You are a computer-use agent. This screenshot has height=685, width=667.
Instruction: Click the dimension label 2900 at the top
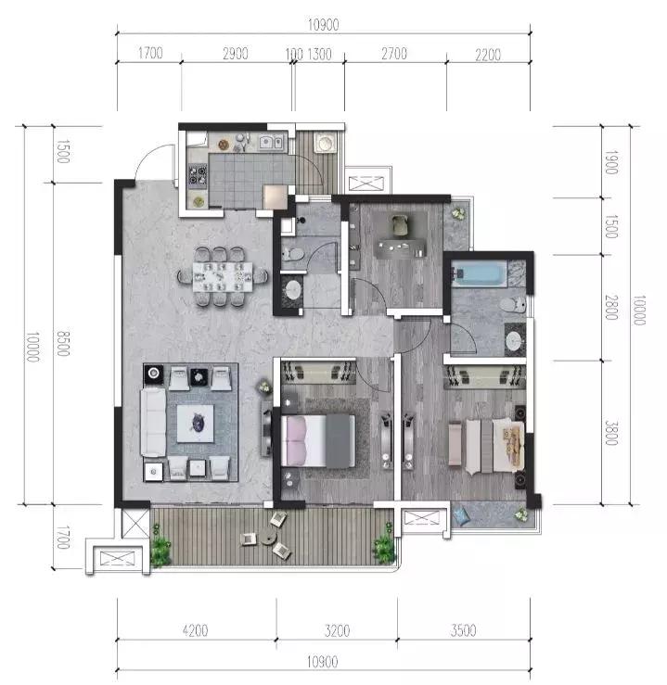[x=235, y=54]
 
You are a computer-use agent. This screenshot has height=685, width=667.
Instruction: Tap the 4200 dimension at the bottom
[x=195, y=630]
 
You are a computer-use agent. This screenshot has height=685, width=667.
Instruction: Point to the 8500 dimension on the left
[x=63, y=343]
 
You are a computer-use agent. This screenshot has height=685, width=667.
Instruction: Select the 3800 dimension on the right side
[x=611, y=433]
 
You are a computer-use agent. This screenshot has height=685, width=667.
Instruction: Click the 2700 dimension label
[x=394, y=54]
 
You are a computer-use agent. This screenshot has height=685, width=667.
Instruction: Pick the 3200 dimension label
[x=337, y=630]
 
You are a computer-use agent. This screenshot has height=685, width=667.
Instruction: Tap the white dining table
[x=223, y=276]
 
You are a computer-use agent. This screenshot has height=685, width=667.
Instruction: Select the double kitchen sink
[x=272, y=142]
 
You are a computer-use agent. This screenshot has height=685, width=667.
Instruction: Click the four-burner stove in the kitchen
[x=197, y=174]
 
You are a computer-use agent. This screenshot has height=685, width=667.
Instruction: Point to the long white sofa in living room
[x=153, y=423]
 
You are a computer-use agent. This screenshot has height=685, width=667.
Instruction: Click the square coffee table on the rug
[x=196, y=424]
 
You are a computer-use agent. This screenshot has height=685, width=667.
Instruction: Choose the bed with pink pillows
[x=318, y=441]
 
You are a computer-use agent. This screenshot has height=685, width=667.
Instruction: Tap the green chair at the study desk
[x=400, y=225]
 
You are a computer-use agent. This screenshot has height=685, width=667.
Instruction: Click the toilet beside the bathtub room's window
[x=513, y=304]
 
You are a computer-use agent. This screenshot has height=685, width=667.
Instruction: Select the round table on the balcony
[x=269, y=537]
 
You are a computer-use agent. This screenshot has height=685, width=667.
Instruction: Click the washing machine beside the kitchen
[x=325, y=143]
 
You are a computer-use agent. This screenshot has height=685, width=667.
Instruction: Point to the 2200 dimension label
[x=488, y=55]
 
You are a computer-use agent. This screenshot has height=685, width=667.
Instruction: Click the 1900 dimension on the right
[x=611, y=162]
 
